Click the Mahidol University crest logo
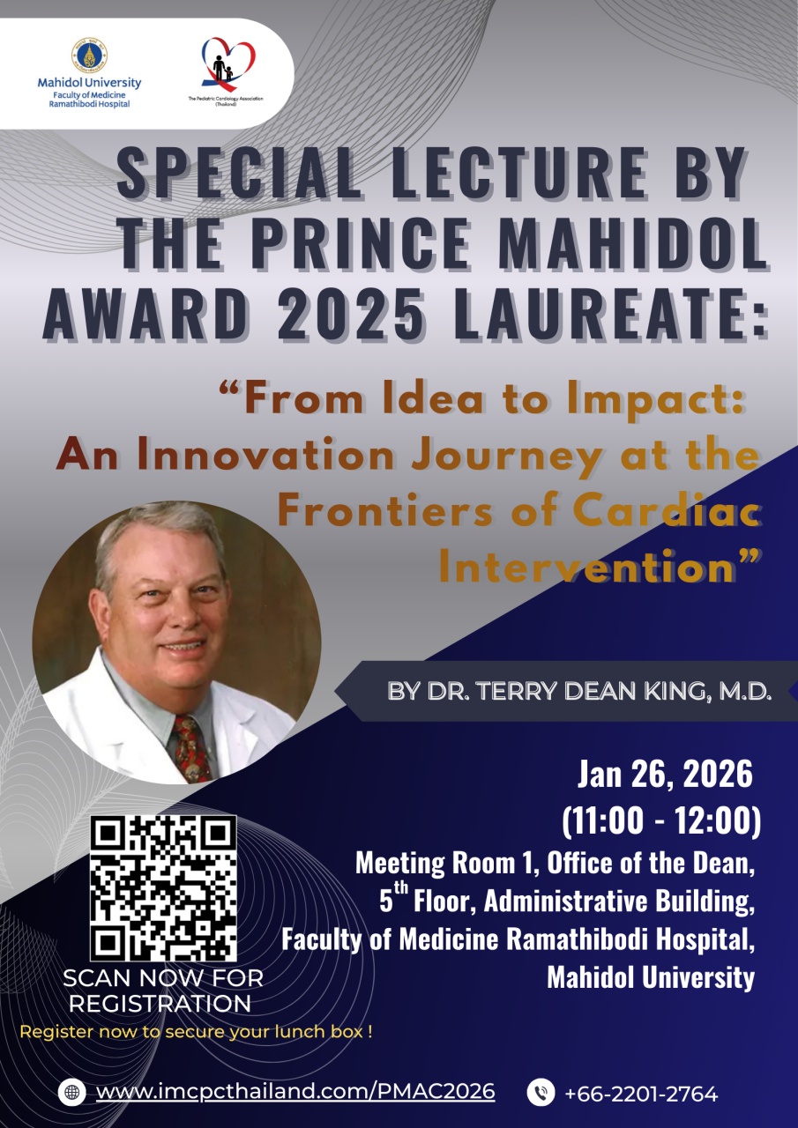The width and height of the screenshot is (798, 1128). pos(89,56)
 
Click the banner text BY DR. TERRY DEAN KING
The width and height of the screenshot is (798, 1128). pos(580,692)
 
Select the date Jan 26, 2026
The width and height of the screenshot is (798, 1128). pos(666,775)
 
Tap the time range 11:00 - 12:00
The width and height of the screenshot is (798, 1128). pos(661,821)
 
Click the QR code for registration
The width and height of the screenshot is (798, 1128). pos(164,887)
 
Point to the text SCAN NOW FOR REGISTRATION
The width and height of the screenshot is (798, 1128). pos(163,991)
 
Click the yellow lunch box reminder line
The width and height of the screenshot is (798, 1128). pos(196,1030)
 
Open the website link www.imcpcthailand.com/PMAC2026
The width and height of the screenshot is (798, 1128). pos(295,1092)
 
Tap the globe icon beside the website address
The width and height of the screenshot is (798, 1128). pos(71,1093)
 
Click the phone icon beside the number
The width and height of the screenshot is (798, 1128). pos(541,1093)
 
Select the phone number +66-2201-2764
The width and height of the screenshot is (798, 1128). pos(641,1095)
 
